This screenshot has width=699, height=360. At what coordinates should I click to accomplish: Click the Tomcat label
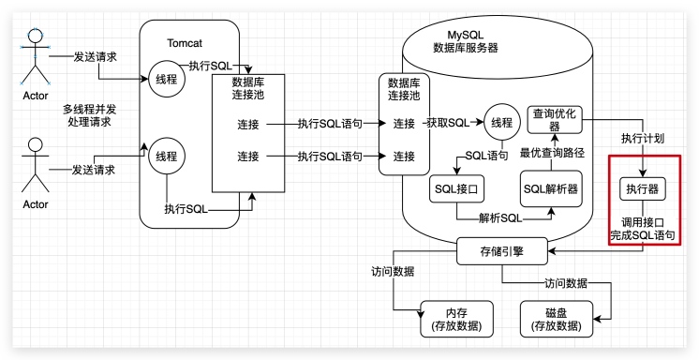[x=184, y=44]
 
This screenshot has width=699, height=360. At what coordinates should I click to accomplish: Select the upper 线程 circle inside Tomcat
[x=165, y=79]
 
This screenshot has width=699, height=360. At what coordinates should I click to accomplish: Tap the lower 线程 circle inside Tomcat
[x=165, y=156]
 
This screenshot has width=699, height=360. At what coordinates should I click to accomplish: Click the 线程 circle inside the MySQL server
[x=502, y=123]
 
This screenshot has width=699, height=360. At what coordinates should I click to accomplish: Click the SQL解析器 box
[x=549, y=188]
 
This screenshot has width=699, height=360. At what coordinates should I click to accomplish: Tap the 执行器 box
[x=642, y=189]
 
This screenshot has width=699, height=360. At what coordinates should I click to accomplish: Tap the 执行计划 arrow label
[x=643, y=138]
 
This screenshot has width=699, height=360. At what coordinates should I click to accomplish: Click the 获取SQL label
[x=447, y=124]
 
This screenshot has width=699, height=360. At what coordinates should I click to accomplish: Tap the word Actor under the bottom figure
[x=36, y=203]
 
